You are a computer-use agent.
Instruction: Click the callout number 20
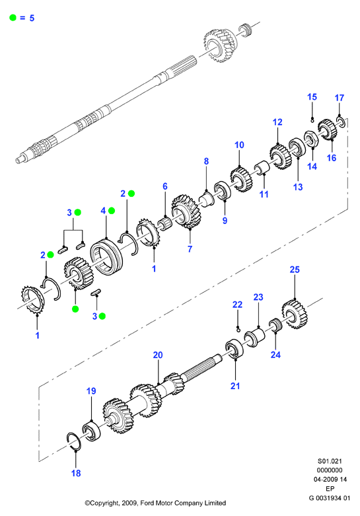158,355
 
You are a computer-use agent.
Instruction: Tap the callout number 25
295,270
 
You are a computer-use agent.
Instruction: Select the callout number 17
340,98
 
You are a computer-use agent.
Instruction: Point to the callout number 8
206,161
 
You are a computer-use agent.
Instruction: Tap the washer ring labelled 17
341,121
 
